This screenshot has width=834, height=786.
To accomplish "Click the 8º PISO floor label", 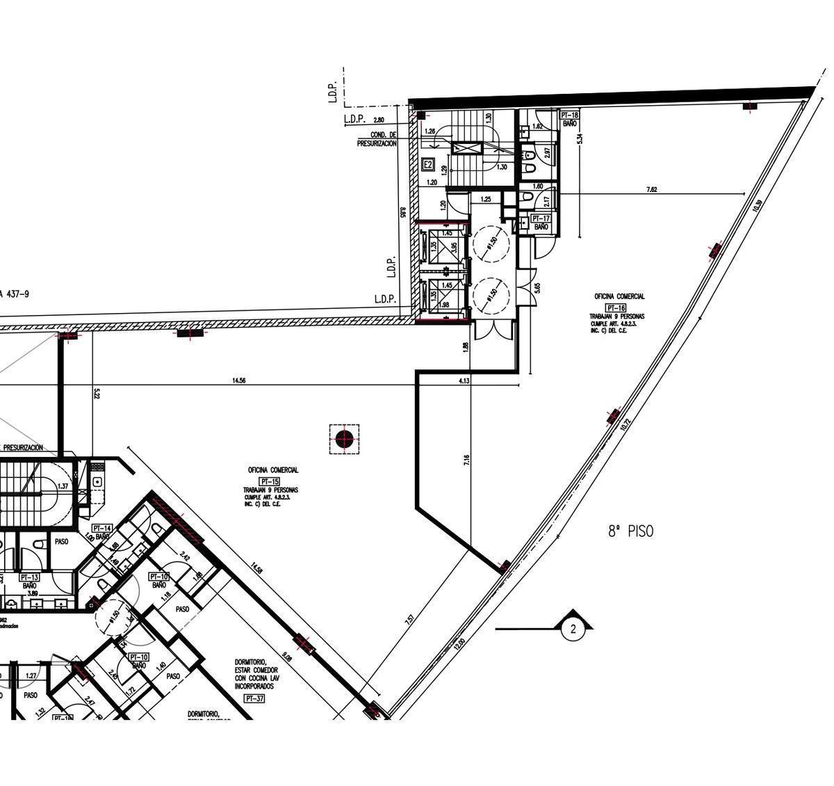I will point(630,531).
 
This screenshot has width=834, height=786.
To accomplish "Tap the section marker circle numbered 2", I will point(573,629).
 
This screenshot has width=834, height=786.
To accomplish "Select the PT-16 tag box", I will point(616,307).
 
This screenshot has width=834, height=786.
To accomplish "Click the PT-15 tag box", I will point(269,481).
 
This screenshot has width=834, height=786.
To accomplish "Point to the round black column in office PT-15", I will point(344,439).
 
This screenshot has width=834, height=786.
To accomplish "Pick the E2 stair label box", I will point(429,165).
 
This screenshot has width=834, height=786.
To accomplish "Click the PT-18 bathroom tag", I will point(569,115).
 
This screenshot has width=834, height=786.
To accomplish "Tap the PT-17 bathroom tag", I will point(541,218).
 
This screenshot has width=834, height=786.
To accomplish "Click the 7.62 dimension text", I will point(651,189).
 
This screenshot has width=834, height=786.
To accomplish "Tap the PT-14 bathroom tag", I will point(102,529).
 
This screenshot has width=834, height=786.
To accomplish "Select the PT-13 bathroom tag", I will point(29,577).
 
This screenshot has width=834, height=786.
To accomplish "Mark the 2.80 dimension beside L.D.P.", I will point(379,120).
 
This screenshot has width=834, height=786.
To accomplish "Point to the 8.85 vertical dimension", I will point(403,213).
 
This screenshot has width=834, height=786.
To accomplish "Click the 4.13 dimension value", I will point(464,380).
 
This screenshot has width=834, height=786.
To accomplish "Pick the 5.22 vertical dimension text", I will point(97,393).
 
